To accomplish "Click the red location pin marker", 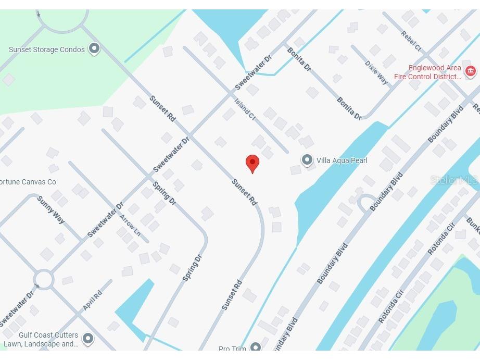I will click(x=252, y=163).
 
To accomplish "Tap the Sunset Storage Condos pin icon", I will click(x=94, y=49).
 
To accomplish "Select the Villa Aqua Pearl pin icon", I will click(x=307, y=160).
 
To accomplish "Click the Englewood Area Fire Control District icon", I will click(x=471, y=71).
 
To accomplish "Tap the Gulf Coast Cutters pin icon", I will click(x=88, y=339).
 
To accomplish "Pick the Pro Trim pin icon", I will click(x=255, y=347).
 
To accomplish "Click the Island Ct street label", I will click(x=245, y=110).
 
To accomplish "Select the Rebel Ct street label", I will click(x=411, y=41).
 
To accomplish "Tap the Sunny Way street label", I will click(x=51, y=210).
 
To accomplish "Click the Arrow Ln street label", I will click(x=130, y=225).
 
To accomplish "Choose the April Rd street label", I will click(x=92, y=301).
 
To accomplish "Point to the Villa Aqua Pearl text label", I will click(x=342, y=160).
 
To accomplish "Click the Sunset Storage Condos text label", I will click(x=46, y=49).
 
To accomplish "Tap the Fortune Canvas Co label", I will click(x=28, y=182).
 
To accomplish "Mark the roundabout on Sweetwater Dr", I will click(x=43, y=279).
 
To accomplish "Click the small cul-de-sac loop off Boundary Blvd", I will click(x=367, y=203).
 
